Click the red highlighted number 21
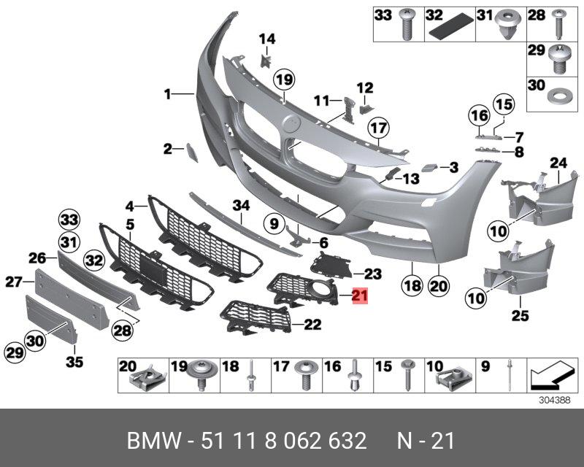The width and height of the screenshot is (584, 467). click(360, 296)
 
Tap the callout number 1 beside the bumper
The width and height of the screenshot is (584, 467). click(167, 93)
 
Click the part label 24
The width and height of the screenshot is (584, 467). click(558, 163)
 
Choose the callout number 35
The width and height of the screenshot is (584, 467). click(75, 360)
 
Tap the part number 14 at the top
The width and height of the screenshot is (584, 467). click(266, 39)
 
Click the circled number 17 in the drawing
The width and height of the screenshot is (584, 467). click(377, 130)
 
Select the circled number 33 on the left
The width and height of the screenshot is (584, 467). click(69, 220)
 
